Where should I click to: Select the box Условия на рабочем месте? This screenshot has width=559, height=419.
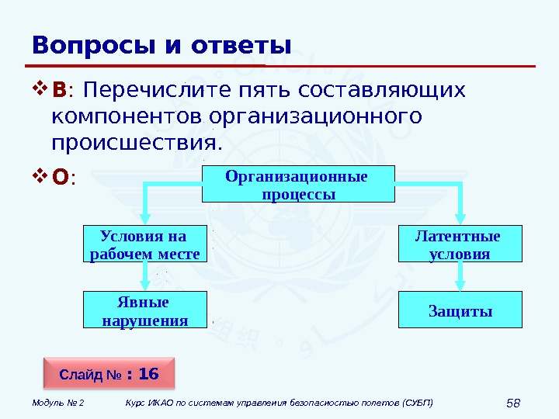point(145,244)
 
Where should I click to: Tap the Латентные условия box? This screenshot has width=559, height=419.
point(460,244)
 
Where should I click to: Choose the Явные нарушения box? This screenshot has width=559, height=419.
point(145,310)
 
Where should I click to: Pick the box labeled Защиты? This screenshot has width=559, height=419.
point(460,310)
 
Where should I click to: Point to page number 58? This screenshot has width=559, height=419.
point(512,403)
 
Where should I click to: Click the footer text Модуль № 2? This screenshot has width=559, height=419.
point(58,403)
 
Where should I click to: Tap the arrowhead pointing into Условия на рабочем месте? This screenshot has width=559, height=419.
point(145,219)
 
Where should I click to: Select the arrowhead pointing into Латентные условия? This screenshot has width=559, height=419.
point(461,219)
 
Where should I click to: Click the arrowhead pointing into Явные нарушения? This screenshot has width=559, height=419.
point(145,285)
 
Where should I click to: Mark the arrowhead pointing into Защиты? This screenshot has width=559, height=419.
point(461,285)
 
